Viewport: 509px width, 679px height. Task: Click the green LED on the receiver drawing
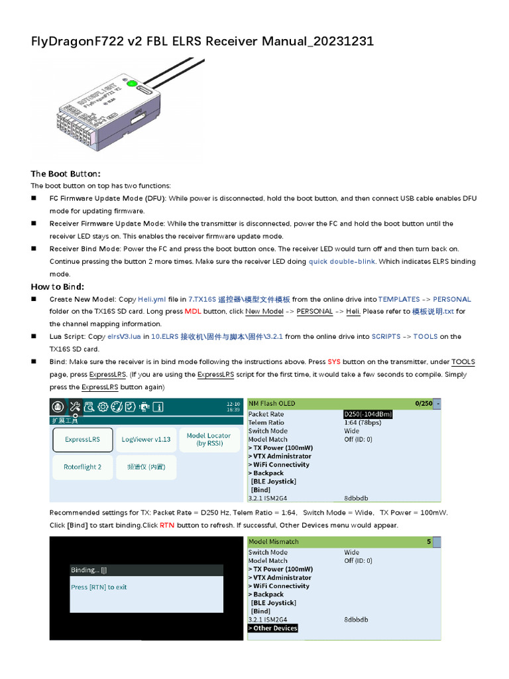(x=131, y=84)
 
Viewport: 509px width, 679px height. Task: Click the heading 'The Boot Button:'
(x=66, y=174)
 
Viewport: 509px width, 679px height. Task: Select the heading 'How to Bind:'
(x=58, y=286)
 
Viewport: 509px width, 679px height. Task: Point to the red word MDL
(x=193, y=312)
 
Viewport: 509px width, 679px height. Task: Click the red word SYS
(x=334, y=362)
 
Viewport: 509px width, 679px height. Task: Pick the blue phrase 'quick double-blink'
(x=342, y=262)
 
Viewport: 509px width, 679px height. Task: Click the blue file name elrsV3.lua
(x=124, y=337)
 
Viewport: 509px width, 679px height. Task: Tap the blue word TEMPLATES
(x=398, y=300)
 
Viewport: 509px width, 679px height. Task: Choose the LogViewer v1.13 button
(x=146, y=440)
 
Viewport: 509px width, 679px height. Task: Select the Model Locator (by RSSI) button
(x=209, y=440)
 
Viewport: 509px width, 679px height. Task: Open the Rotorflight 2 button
(x=83, y=467)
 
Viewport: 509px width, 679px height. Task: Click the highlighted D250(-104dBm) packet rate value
(x=368, y=414)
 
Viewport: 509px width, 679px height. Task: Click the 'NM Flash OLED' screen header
(x=272, y=403)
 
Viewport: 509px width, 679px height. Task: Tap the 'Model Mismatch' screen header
(x=274, y=542)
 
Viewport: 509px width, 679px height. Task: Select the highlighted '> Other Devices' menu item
(x=273, y=628)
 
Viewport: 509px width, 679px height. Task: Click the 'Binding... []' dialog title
(x=89, y=570)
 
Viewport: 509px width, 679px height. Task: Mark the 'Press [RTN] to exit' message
(x=99, y=587)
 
